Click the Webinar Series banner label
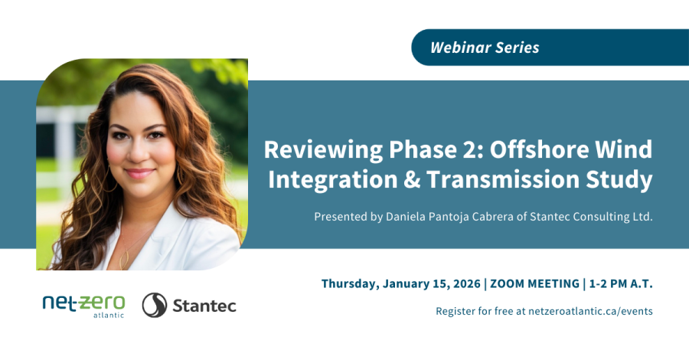(485, 47)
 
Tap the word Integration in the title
(313, 180)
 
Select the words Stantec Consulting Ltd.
(598, 217)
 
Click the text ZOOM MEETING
(534, 283)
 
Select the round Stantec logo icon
(155, 305)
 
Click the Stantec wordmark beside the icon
(204, 306)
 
